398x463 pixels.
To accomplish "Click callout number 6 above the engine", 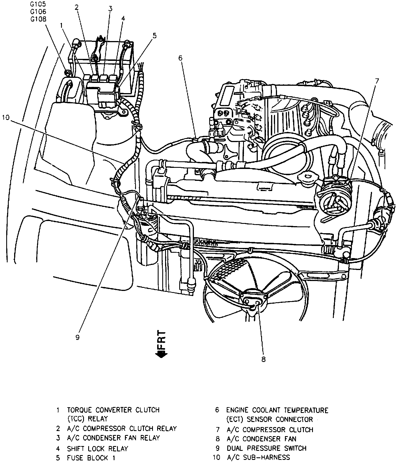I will tap(180, 58).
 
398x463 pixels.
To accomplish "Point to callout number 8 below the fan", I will tap(263, 359).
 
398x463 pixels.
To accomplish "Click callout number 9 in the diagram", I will tap(77, 337).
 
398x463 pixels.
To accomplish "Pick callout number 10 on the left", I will tap(6, 117).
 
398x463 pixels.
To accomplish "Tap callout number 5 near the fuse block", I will tap(154, 36).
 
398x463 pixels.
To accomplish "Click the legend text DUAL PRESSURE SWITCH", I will tap(266, 448).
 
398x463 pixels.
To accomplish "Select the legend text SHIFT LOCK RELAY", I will tap(97, 449).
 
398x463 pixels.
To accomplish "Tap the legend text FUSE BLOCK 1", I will tap(91, 458).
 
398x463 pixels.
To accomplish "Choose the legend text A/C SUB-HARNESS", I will tap(258, 457).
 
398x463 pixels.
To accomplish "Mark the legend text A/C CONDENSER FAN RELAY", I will tap(113, 438).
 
